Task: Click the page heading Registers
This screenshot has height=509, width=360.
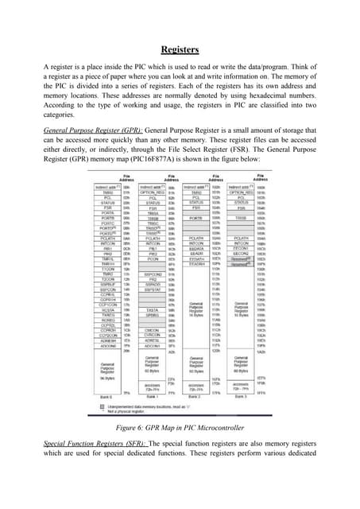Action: (180, 50)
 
